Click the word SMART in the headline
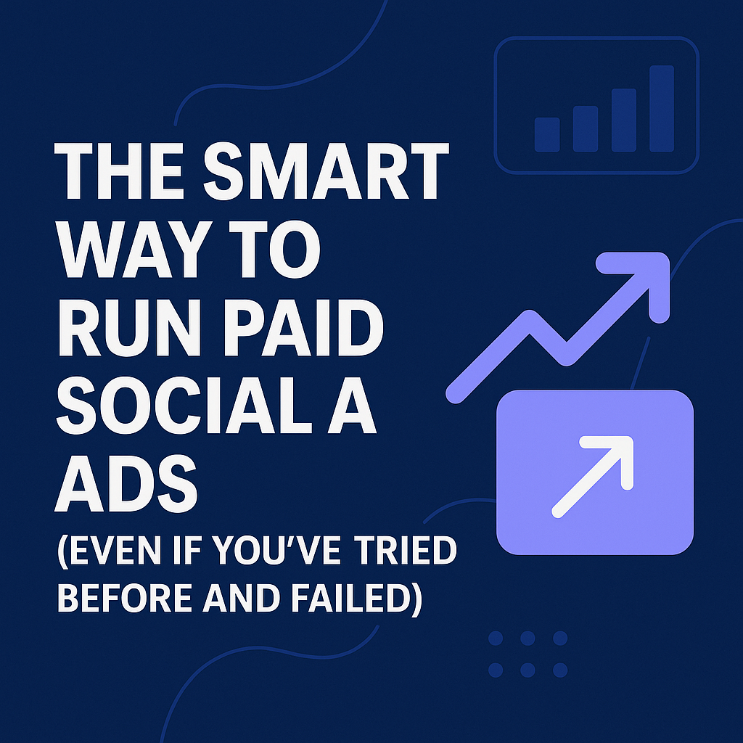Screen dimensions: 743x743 click(x=326, y=171)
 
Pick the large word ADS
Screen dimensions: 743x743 click(x=126, y=483)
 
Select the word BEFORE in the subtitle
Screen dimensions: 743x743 click(x=125, y=598)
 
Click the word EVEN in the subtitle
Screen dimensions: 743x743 click(x=115, y=550)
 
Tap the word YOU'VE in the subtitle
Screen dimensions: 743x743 click(x=276, y=550)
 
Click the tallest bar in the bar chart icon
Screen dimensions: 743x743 click(x=662, y=109)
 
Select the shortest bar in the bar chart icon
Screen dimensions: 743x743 click(x=547, y=135)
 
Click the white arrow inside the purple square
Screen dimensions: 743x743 click(x=592, y=477)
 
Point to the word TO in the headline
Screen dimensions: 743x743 click(x=274, y=249)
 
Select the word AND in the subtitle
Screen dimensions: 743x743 click(x=241, y=598)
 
